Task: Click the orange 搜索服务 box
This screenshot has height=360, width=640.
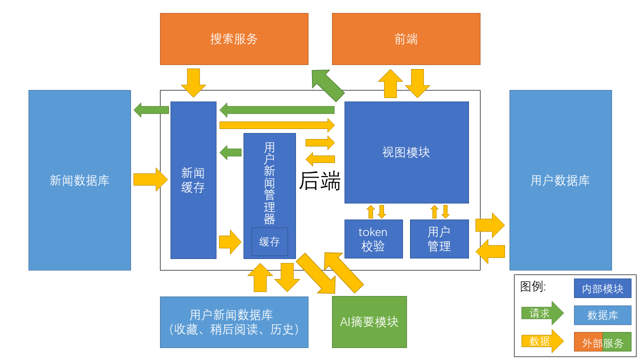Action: pos(234,39)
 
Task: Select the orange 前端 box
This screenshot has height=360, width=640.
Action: pos(406,39)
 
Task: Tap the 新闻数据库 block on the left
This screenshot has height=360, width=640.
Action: pos(79,180)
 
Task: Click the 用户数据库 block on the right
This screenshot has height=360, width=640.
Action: pos(560,180)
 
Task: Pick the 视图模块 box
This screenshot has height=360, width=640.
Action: pos(406,152)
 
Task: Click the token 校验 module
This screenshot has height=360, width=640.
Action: pos(373,239)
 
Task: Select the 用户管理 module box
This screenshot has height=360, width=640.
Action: pos(439,239)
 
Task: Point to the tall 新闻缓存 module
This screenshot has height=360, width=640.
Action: pos(193,180)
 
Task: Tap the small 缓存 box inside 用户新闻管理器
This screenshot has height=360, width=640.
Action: pos(269,242)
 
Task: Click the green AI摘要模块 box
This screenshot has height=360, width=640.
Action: pos(369,322)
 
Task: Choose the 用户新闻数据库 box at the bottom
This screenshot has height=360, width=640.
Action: pos(234,322)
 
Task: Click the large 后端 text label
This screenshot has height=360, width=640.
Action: pos(320,181)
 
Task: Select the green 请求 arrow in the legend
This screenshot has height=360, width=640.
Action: pos(542,313)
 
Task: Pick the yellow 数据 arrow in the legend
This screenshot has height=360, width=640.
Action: pos(542,341)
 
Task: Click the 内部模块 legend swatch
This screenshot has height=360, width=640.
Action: pos(602,288)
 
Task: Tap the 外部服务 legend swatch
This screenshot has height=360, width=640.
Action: pos(602,342)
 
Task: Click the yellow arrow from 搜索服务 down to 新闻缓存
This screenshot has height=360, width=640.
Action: pos(193,82)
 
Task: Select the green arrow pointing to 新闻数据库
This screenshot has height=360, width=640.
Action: pos(151,109)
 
